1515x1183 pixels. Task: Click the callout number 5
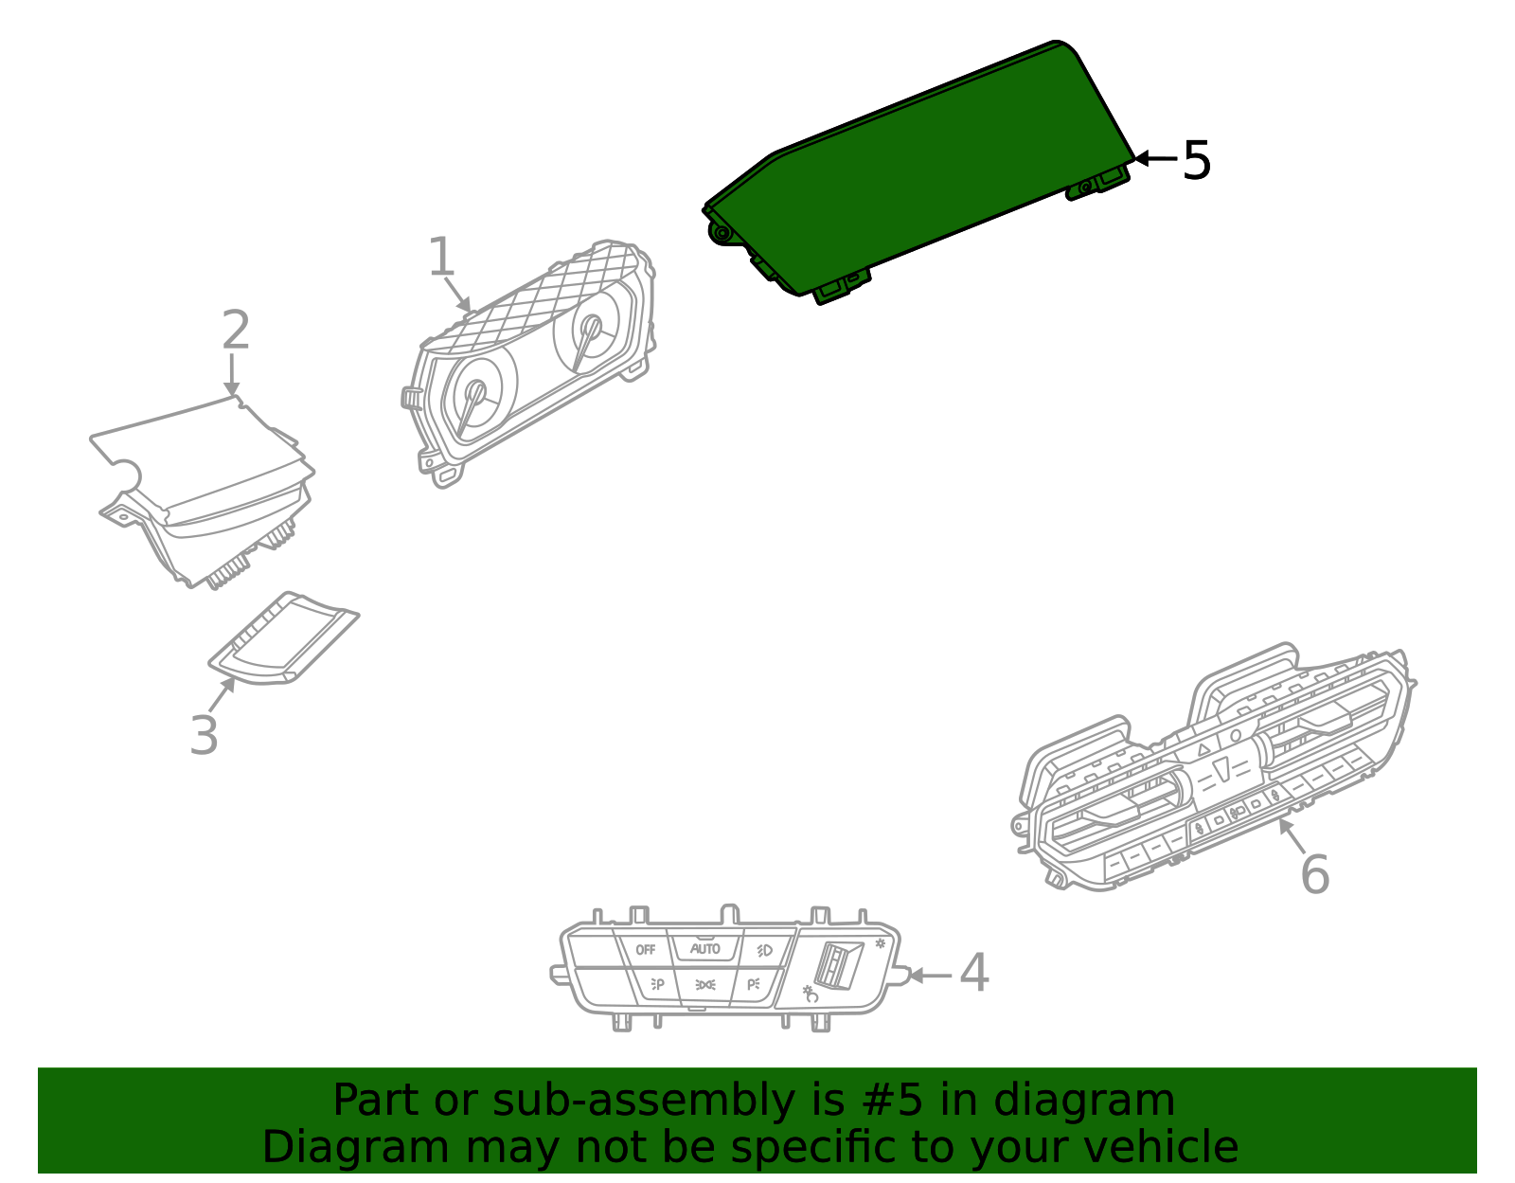point(1197,160)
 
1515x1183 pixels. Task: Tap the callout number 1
point(441,256)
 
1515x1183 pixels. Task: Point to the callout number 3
point(205,735)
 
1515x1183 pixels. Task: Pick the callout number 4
point(974,973)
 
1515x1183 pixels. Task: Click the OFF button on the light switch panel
point(645,949)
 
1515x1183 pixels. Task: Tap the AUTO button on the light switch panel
point(704,948)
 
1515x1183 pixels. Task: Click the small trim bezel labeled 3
point(284,637)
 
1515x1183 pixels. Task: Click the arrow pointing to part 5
point(1155,158)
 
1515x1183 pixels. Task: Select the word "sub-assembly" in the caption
point(643,1100)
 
